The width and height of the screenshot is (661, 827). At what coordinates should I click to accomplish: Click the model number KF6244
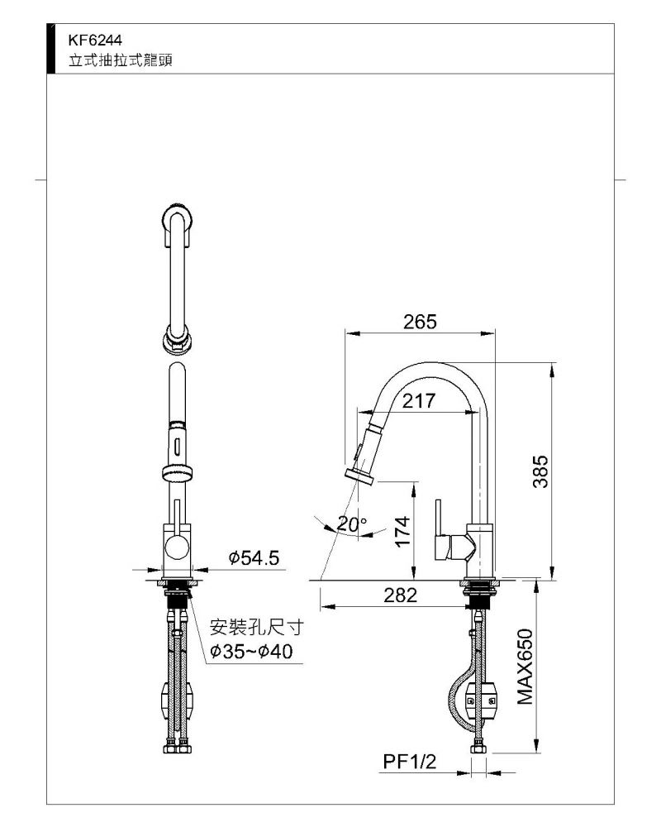click(x=95, y=40)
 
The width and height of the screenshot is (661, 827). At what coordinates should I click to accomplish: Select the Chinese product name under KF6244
click(x=121, y=60)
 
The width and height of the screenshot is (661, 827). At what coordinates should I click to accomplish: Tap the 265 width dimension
click(x=420, y=322)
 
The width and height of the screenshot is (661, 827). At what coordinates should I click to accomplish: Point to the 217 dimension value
click(x=419, y=401)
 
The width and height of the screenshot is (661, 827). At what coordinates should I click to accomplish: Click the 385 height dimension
click(x=541, y=471)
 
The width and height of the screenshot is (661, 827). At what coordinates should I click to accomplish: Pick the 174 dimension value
click(x=402, y=532)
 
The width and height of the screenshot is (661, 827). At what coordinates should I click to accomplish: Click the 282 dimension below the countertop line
click(x=400, y=595)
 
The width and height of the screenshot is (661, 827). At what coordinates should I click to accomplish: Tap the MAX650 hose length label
click(x=525, y=666)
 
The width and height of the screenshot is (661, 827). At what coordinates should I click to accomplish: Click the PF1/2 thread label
click(x=410, y=762)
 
